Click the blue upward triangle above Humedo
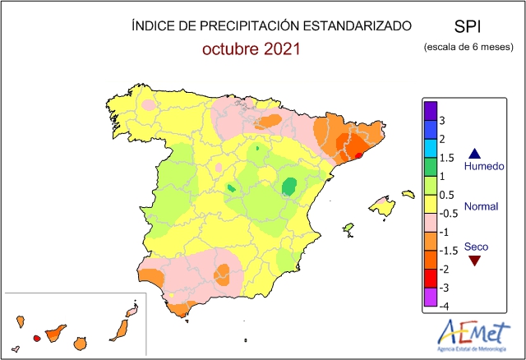(474, 153)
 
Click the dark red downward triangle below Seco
(474, 261)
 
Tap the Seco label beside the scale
(475, 246)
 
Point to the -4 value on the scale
(442, 306)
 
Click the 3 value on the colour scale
(442, 120)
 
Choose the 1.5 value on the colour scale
(446, 158)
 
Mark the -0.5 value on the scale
(448, 213)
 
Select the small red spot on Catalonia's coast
(358, 154)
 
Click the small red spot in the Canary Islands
(36, 338)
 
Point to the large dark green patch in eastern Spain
(288, 187)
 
